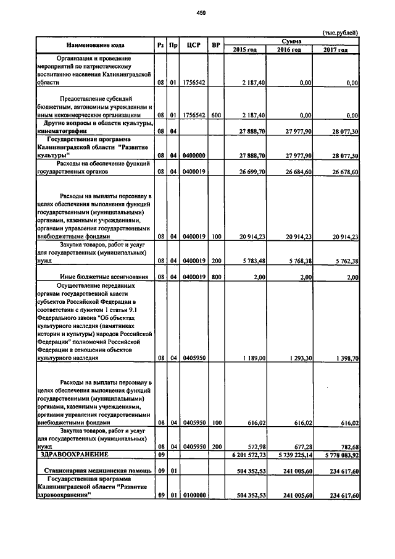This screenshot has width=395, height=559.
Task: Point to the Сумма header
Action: tap(291, 40)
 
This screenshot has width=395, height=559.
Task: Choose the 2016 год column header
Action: tap(289, 49)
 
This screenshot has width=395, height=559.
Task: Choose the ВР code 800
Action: tap(215, 277)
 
